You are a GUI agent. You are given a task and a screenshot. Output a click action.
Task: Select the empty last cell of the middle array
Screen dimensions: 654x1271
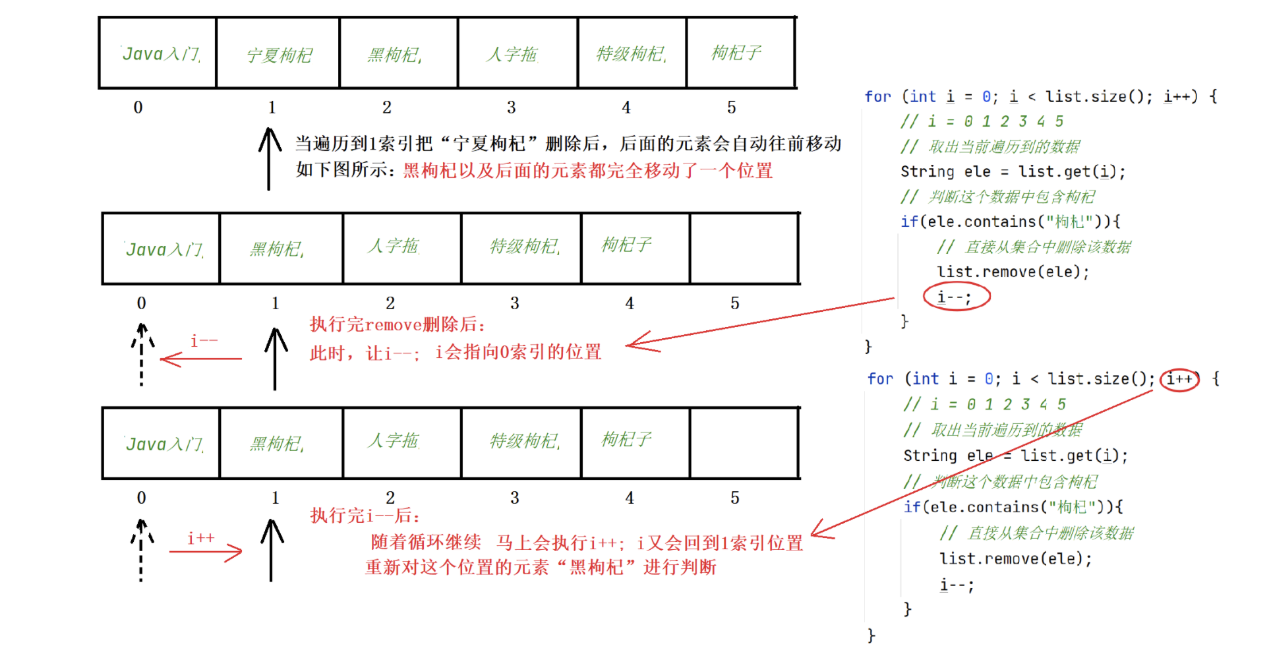pos(744,248)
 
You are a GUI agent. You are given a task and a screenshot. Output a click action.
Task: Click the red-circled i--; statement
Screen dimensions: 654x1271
pos(956,297)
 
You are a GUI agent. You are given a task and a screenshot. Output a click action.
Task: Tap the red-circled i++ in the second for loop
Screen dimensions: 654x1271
pos(1179,379)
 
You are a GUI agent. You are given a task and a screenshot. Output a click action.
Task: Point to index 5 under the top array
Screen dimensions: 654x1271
pos(731,107)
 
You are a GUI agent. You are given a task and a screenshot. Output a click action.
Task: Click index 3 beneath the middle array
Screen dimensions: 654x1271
pos(514,303)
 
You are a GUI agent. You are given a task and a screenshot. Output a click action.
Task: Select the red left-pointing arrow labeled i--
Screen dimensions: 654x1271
pos(202,358)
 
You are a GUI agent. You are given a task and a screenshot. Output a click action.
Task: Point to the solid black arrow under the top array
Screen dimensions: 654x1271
pos(269,158)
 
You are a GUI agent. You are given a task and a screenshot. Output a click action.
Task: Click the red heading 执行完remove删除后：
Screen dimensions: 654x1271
pos(398,324)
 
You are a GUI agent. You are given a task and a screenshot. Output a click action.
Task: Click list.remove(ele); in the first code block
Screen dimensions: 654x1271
pos(1013,272)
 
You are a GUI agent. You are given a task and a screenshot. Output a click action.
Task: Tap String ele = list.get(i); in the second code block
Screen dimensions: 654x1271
pos(1015,456)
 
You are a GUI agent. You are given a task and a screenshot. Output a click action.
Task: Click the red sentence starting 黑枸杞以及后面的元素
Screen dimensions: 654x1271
pos(587,171)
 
